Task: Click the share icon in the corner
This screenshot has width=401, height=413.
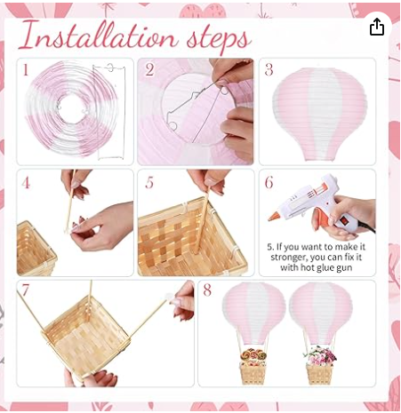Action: click(x=377, y=27)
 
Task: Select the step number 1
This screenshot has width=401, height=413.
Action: click(x=26, y=70)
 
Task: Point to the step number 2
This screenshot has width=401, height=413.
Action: click(x=149, y=70)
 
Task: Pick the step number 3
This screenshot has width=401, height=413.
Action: click(x=269, y=70)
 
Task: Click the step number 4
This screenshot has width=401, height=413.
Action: click(x=26, y=183)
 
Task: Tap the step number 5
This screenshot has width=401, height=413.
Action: click(x=149, y=183)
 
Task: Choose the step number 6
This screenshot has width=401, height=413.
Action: click(x=269, y=183)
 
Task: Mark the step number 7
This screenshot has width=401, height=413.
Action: click(x=25, y=290)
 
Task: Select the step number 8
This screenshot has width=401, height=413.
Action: click(x=207, y=290)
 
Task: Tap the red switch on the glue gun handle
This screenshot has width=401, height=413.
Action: click(x=345, y=221)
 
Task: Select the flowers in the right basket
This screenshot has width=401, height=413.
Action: click(x=320, y=356)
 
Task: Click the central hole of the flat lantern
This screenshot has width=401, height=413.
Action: click(x=72, y=108)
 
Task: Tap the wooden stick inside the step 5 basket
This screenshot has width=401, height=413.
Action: click(x=203, y=223)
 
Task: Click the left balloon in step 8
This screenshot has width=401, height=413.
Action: click(x=253, y=313)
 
